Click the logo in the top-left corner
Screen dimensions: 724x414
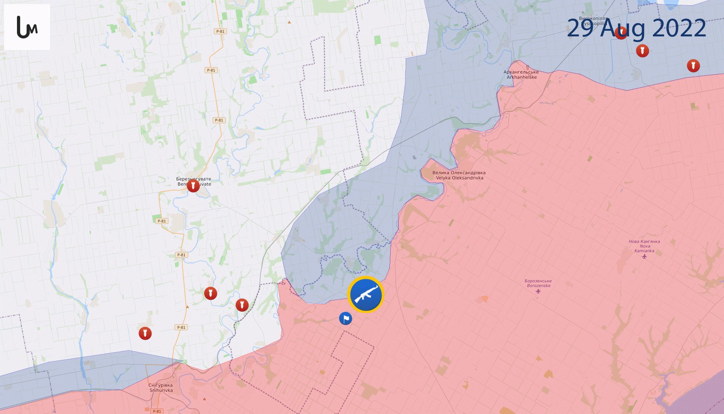click(x=27, y=27)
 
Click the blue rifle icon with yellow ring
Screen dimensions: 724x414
click(x=366, y=295)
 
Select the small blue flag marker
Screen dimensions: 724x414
click(x=345, y=319)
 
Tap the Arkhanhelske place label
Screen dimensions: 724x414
click(x=521, y=75)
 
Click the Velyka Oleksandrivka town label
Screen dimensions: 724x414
click(x=459, y=175)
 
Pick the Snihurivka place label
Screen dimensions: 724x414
click(x=161, y=388)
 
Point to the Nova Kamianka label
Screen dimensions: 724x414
click(x=644, y=246)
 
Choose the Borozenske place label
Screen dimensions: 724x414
click(x=538, y=283)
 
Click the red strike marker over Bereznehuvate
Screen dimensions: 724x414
click(x=193, y=186)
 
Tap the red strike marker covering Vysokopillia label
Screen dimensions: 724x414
click(x=621, y=33)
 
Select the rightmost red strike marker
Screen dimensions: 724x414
click(x=693, y=65)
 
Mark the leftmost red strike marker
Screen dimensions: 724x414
click(x=145, y=334)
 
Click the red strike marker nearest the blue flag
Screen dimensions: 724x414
click(x=242, y=305)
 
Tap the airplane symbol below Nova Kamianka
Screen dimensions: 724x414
click(x=644, y=256)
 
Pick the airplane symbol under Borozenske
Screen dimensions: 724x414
click(x=538, y=291)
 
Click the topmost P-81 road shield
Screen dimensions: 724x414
click(x=220, y=31)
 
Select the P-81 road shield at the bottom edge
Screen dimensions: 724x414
click(x=157, y=411)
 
